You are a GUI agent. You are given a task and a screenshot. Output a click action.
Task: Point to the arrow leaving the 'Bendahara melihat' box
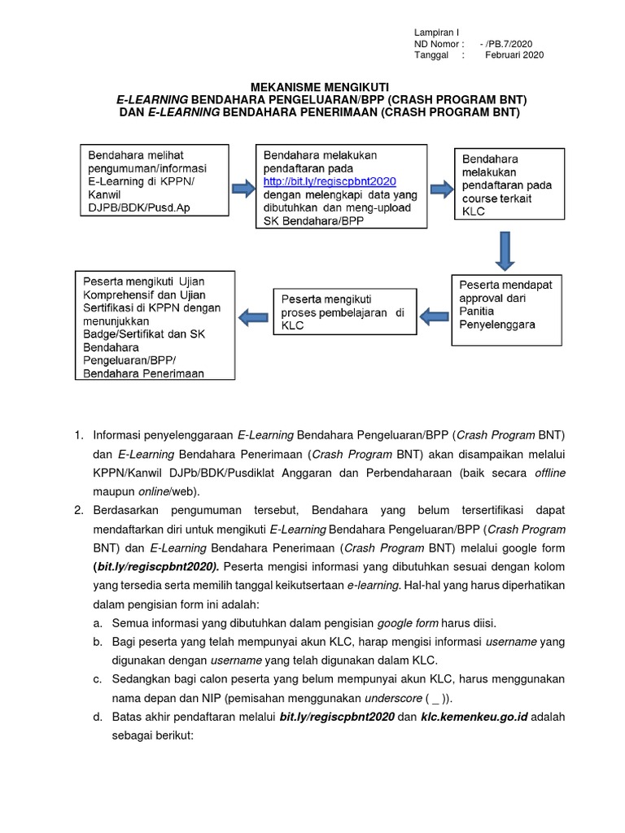coord(243,190)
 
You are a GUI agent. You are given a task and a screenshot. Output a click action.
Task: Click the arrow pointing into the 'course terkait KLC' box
coord(441,189)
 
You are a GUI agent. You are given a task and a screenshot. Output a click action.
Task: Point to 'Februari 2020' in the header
coord(514,55)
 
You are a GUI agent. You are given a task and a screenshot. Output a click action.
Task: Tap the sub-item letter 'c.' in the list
coord(98,678)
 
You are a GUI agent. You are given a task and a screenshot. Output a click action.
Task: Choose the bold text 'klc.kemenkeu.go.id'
coord(475,717)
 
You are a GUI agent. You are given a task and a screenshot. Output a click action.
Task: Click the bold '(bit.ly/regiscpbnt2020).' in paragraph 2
coord(156,566)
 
